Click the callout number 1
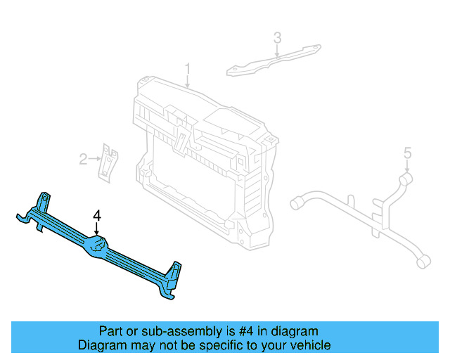coord(188,69)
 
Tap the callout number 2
coord(83,160)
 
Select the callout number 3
coord(277,38)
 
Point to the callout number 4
coord(98,215)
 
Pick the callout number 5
coord(407,153)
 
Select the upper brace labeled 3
coord(274,60)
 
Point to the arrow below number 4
coord(98,229)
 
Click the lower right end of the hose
coord(423,262)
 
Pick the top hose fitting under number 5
coord(406,180)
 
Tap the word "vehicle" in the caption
coord(310,345)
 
